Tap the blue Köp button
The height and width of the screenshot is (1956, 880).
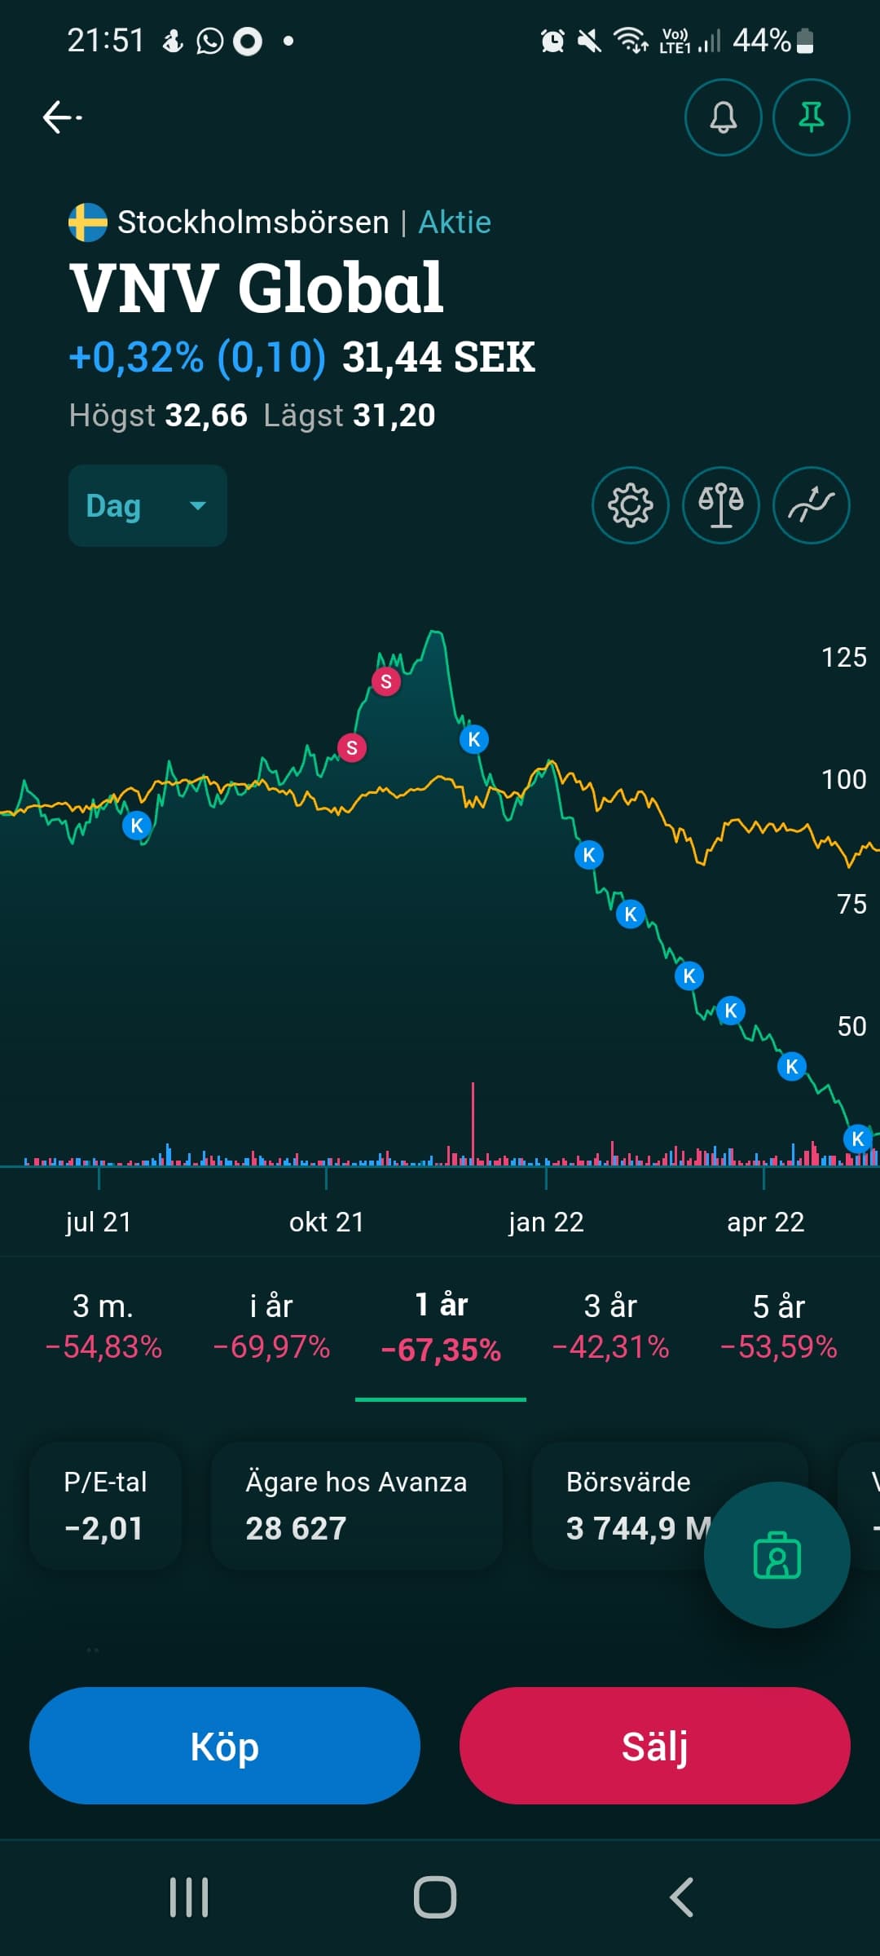[224, 1746]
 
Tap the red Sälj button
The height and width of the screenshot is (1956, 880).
[654, 1746]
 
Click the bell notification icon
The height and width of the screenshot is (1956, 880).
[723, 117]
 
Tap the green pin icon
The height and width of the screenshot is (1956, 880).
[811, 117]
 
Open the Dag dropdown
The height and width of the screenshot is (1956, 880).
[147, 505]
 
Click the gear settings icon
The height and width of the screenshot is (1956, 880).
[630, 505]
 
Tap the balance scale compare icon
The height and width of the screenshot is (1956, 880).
[720, 505]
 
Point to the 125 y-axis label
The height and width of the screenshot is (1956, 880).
[843, 657]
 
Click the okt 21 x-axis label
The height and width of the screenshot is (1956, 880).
[326, 1222]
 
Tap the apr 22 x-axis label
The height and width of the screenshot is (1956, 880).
[765, 1222]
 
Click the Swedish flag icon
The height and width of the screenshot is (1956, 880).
[88, 222]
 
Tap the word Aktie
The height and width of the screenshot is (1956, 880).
[455, 222]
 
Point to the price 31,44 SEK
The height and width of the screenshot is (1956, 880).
[438, 357]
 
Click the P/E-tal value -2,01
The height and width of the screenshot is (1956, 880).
[104, 1528]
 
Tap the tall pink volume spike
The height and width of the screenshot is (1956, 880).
[473, 1121]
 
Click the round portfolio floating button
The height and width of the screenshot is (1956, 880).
[777, 1555]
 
